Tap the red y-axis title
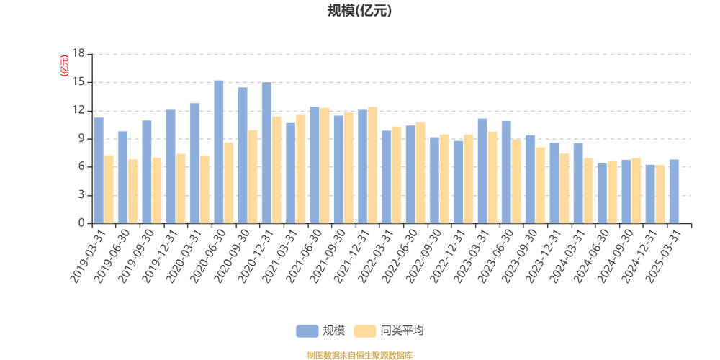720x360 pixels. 63,66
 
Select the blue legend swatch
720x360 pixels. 307,330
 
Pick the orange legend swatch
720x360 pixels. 365,330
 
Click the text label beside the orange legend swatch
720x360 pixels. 402,330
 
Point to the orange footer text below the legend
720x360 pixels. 359,354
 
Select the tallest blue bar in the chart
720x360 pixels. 219,151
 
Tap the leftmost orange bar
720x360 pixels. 110,189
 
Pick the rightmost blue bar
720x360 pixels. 673,191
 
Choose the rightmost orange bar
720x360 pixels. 660,194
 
